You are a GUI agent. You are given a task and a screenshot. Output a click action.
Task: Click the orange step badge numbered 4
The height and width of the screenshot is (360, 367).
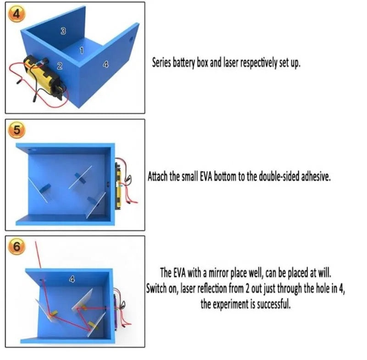point(17,14)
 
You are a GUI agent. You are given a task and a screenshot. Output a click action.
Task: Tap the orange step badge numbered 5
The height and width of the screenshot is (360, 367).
point(17,130)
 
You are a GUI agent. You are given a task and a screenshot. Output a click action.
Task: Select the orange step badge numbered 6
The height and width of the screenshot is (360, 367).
point(17,246)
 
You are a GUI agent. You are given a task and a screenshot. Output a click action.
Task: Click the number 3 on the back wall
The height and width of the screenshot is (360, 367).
point(63,31)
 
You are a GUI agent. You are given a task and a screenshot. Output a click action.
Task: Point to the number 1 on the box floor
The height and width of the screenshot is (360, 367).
point(82,50)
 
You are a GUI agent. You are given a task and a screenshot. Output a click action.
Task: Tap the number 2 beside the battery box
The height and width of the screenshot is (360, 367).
point(60,66)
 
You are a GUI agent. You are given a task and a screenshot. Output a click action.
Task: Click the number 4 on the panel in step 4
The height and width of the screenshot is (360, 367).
point(106,64)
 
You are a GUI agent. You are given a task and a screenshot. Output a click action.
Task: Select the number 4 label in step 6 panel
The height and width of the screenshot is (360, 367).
point(72,279)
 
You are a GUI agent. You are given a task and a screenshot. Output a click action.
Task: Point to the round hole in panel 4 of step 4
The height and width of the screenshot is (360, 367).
point(131,39)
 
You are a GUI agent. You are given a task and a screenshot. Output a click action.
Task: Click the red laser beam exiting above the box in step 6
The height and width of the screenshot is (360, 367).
point(38,255)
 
